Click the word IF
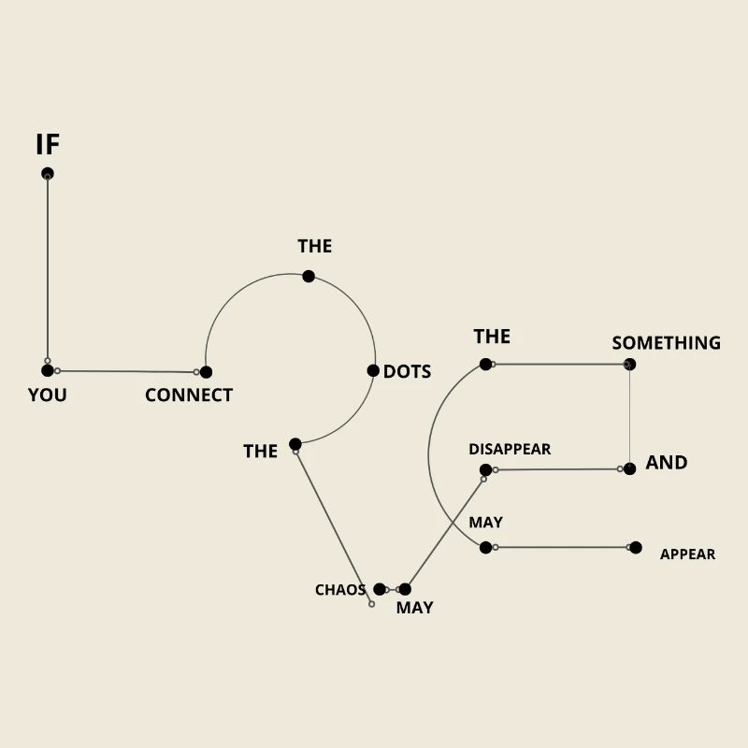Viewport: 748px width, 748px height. [x=48, y=145]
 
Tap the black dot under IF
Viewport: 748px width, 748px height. [x=48, y=174]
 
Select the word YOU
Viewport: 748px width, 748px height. [x=47, y=395]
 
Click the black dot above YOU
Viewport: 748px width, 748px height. [x=48, y=370]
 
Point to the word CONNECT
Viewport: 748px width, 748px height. [x=189, y=396]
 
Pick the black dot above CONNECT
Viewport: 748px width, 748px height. [x=206, y=372]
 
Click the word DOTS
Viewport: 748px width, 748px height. [x=407, y=371]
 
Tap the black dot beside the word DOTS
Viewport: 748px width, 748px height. [x=373, y=370]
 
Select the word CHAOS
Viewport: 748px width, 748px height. [x=340, y=590]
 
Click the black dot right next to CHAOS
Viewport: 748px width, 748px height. [x=380, y=589]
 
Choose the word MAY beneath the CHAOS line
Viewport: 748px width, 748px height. [x=414, y=608]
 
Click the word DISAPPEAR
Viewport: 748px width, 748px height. [x=510, y=449]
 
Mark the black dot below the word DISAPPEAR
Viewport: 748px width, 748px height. [x=485, y=469]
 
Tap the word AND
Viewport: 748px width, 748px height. [x=667, y=462]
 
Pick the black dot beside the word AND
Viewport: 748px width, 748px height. [x=629, y=468]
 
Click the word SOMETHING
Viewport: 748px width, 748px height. [x=666, y=343]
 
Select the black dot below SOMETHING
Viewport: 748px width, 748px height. [x=629, y=365]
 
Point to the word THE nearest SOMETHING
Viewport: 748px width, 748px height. [x=492, y=337]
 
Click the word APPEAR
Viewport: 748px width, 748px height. [x=687, y=554]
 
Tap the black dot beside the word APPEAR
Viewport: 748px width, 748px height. [x=636, y=547]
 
